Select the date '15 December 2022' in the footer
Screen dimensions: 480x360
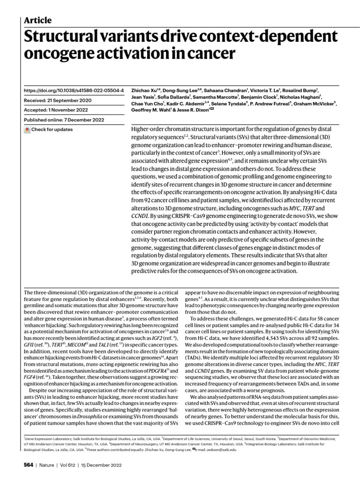101,465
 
